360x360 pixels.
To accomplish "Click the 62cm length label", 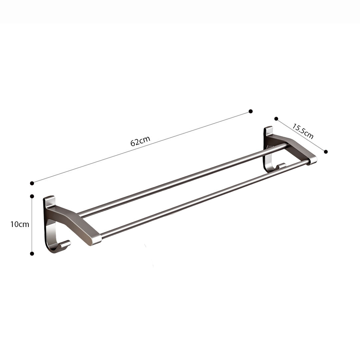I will tap(140, 141).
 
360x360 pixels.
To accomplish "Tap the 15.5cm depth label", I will tap(303, 131).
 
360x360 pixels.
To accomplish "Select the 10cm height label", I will tap(20, 224).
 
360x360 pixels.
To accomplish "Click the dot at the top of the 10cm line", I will tap(32, 196).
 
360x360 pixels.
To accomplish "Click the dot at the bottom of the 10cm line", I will tap(32, 254).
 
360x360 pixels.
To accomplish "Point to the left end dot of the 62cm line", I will tap(32, 183).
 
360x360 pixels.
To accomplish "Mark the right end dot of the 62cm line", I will tap(251, 111).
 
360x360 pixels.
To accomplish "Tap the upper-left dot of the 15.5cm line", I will tap(276, 118).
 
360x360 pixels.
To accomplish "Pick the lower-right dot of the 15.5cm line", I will tap(326, 152).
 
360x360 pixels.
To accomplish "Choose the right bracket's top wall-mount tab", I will tap(269, 130).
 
